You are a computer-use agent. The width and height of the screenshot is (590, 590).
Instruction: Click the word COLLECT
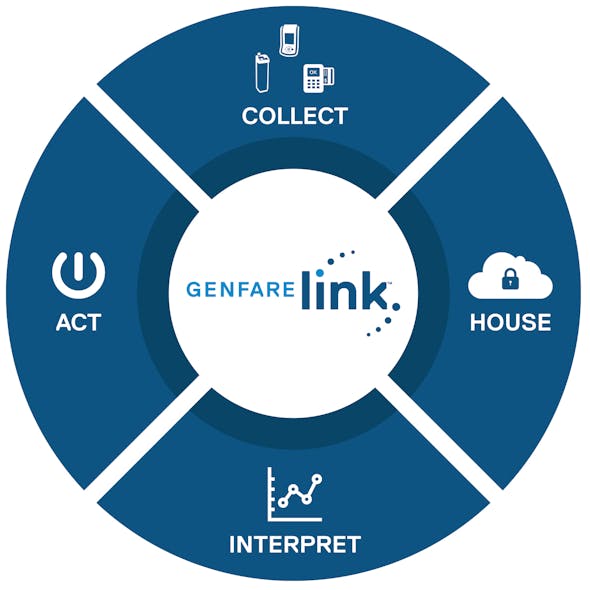294,116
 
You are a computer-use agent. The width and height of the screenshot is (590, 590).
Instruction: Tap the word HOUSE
510,322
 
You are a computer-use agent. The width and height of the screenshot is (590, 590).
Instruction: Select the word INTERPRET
294,545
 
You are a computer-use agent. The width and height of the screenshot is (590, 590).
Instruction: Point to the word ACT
78,322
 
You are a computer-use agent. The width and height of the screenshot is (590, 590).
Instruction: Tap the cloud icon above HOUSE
510,277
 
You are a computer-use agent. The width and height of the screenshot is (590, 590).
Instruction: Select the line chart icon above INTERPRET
294,494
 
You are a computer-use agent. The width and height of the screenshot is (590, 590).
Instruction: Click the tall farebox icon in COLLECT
264,75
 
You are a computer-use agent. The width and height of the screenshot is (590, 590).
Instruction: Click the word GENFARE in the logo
241,290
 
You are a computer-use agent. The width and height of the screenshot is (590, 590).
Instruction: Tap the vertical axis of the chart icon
270,493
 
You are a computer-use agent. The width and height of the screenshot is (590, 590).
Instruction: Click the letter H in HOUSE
477,322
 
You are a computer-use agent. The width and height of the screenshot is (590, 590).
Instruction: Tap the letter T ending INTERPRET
351,545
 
